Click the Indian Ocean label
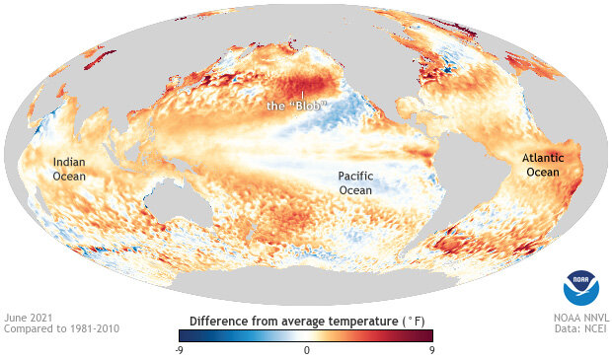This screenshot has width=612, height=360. click(x=70, y=169)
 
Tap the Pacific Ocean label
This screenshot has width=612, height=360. click(x=356, y=182)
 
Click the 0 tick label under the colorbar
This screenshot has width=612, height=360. click(x=306, y=349)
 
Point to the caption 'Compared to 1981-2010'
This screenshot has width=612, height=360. click(x=60, y=328)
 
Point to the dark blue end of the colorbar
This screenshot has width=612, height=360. click(x=185, y=335)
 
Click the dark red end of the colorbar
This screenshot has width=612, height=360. click(x=427, y=335)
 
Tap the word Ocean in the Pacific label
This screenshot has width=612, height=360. click(x=356, y=189)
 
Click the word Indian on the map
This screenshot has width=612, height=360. click(x=70, y=162)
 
